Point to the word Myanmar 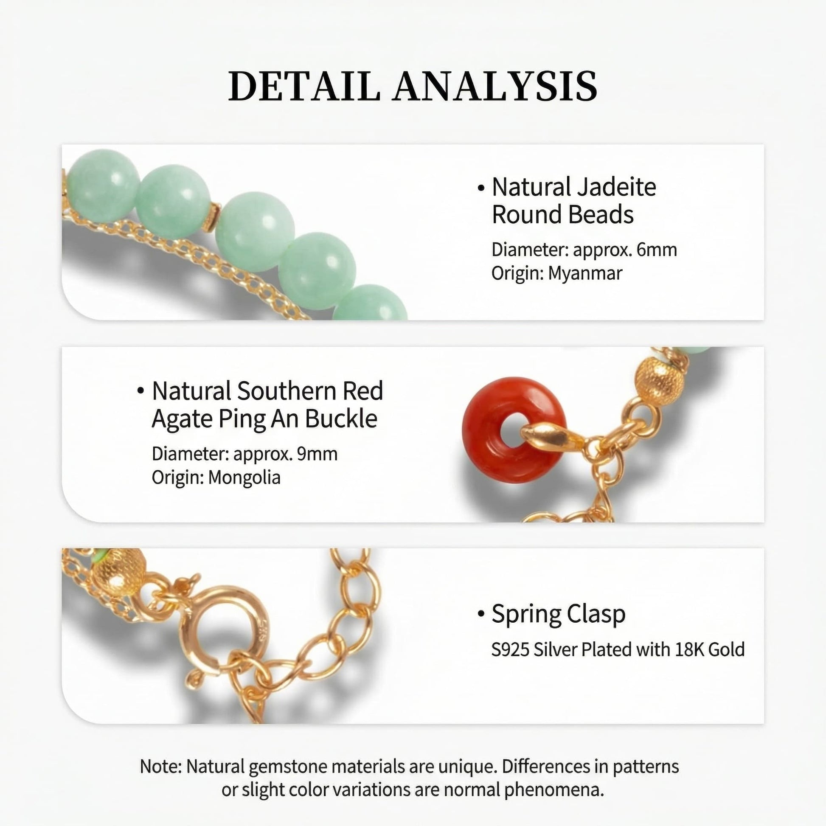click(585, 273)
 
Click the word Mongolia click(244, 477)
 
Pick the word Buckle click(341, 419)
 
